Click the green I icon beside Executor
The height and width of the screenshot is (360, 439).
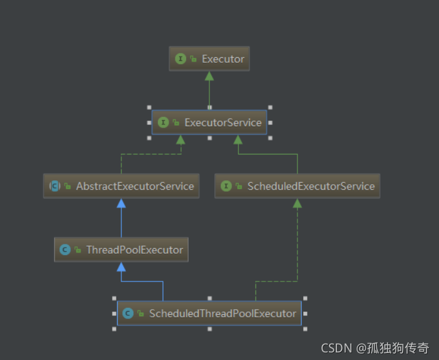[181, 59]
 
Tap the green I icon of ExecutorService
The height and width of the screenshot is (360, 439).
[164, 123]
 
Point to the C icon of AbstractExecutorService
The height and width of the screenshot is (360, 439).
[55, 186]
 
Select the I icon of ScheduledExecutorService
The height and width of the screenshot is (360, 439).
[226, 186]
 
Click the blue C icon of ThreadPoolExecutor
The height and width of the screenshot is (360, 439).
[65, 249]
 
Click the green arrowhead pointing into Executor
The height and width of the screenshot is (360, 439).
[209, 76]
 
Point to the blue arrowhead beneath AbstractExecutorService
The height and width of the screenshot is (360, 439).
[121, 203]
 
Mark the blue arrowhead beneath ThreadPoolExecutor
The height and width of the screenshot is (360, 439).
[121, 266]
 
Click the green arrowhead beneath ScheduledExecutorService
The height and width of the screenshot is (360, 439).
[297, 203]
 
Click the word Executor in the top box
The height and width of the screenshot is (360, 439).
[223, 59]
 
